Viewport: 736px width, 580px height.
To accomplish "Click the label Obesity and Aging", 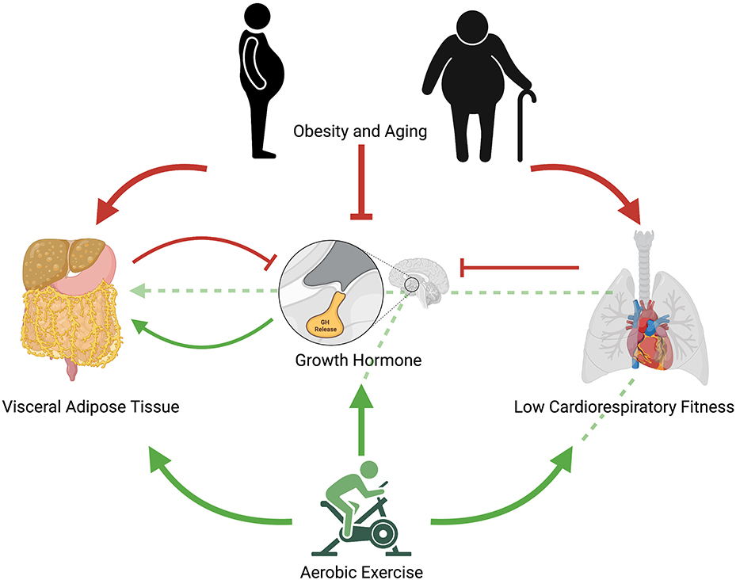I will pos(360,131).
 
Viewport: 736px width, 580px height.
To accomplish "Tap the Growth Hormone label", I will pos(358,360).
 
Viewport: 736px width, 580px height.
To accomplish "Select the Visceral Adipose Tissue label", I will pos(90,407).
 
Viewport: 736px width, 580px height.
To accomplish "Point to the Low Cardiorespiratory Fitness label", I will pos(624,407).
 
